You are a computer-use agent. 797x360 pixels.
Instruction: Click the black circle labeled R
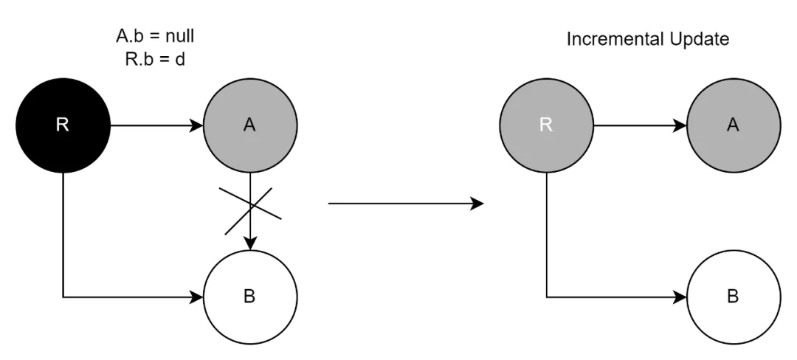[63, 125]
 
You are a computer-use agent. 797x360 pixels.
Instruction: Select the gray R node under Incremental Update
[546, 125]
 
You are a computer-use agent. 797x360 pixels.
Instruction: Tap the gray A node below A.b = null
[250, 125]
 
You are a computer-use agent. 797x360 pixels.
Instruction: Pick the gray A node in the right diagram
[733, 125]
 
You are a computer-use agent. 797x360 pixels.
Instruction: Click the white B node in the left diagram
[250, 297]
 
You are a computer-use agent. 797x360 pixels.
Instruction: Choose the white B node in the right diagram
[733, 297]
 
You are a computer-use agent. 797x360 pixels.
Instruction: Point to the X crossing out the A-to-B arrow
[251, 204]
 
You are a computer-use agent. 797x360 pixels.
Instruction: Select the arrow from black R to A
[156, 125]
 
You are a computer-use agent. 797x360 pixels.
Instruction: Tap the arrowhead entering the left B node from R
[197, 297]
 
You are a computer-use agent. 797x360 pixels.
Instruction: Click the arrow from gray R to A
[639, 125]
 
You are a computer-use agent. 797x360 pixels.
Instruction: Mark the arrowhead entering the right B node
[680, 297]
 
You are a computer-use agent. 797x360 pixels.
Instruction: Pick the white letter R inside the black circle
[63, 125]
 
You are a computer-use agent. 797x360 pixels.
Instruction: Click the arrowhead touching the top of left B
[250, 244]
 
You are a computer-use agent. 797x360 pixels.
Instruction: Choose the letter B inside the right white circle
[733, 297]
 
